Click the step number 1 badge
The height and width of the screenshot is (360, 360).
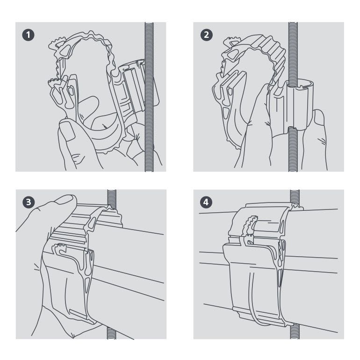click(28, 35)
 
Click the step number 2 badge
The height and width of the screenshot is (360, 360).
click(206, 35)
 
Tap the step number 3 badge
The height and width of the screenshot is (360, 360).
click(29, 202)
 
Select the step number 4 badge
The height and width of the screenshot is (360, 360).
click(206, 202)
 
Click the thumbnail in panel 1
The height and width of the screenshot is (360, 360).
click(67, 130)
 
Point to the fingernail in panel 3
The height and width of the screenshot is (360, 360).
click(65, 199)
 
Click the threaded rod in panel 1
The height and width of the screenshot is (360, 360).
click(149, 97)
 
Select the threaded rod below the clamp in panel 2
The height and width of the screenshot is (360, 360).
click(293, 149)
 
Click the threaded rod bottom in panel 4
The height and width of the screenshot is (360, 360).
click(295, 332)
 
